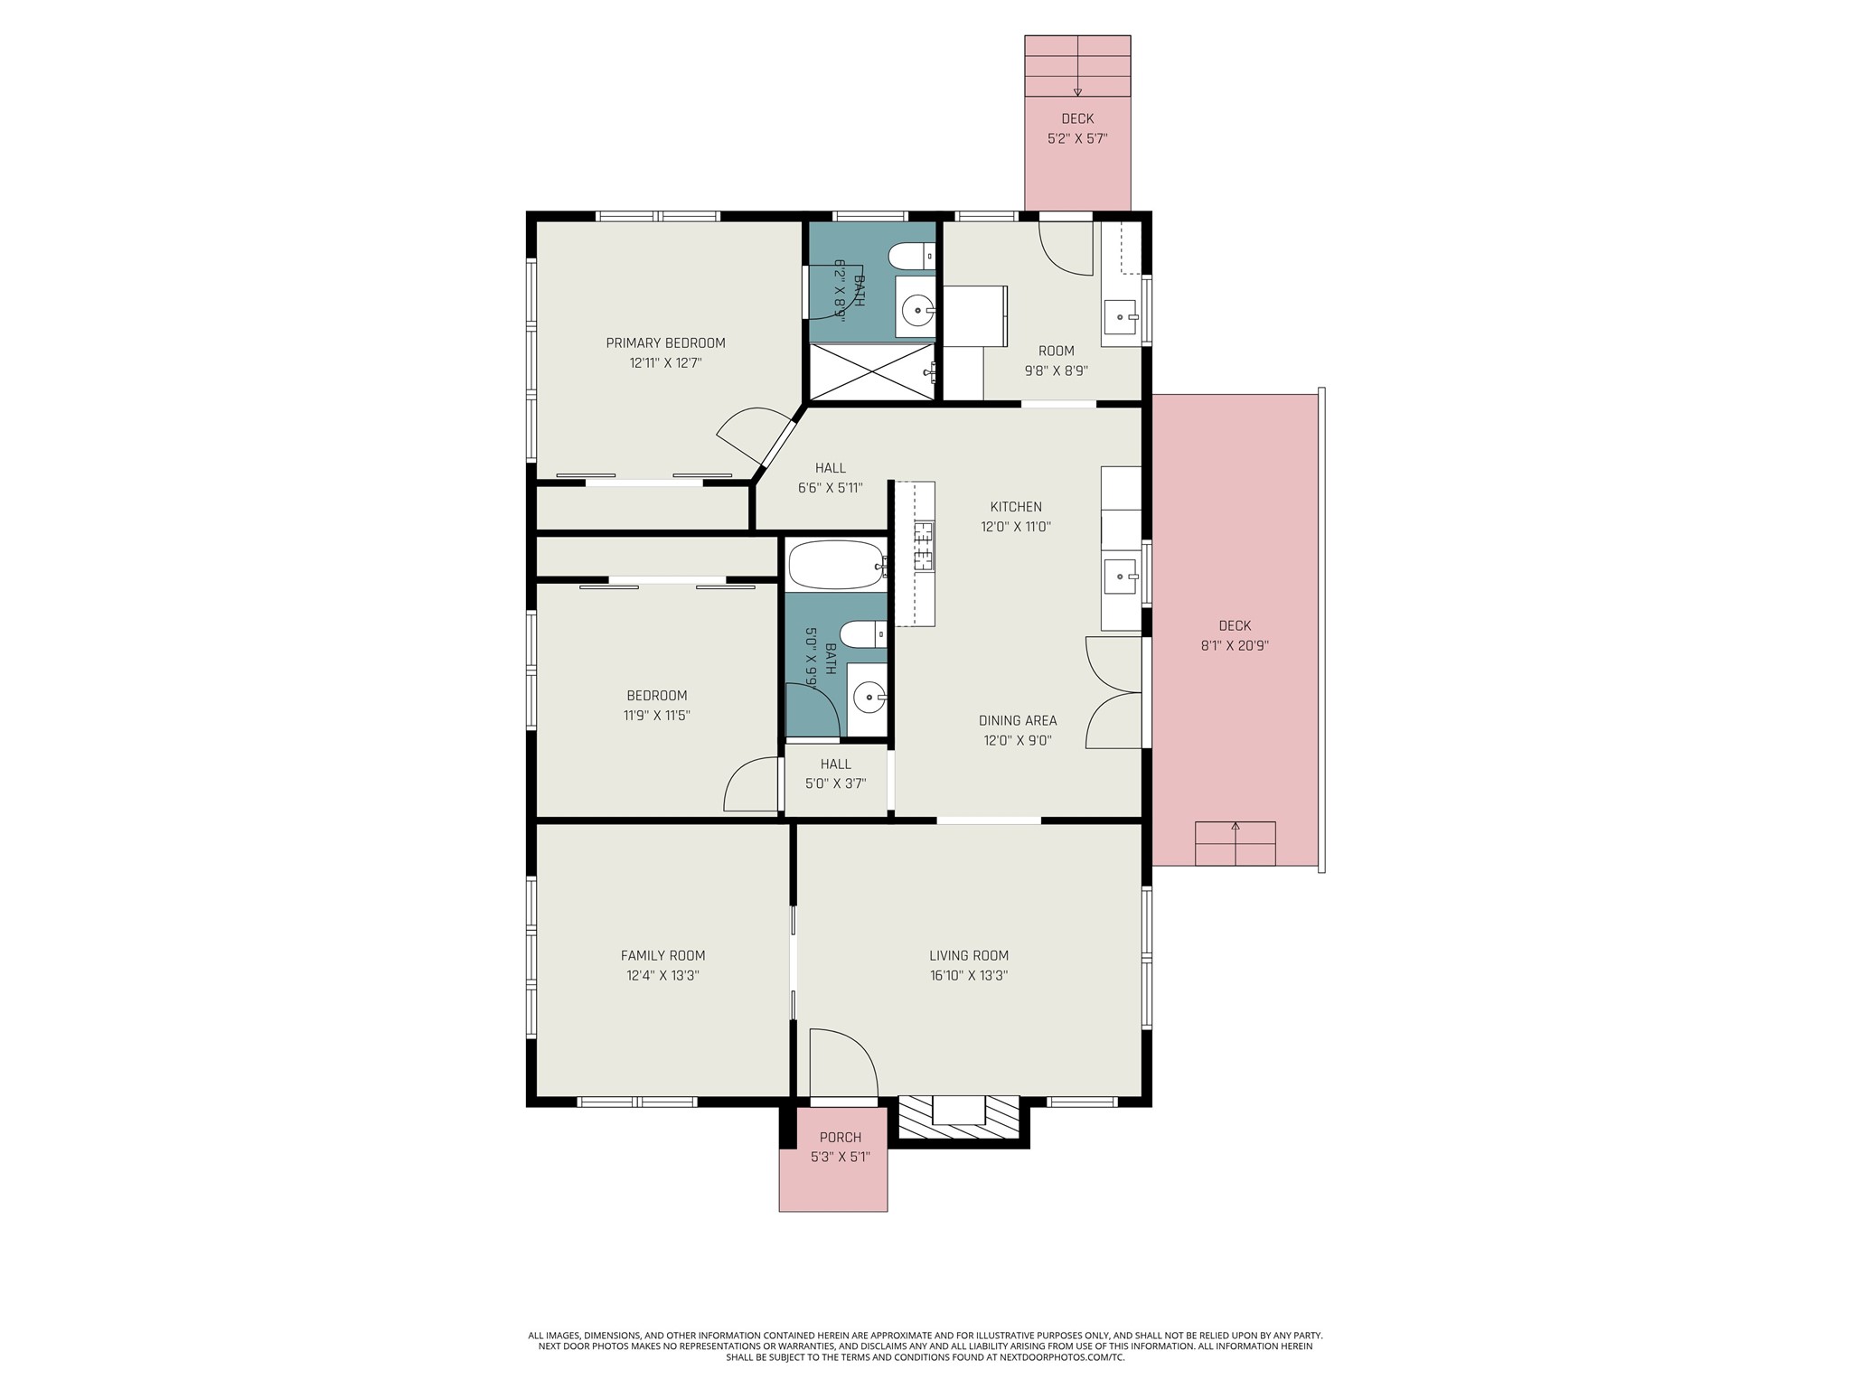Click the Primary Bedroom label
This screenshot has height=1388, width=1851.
[x=665, y=342]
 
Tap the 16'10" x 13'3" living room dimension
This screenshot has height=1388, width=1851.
[x=969, y=975]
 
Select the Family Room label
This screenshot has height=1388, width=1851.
[x=662, y=955]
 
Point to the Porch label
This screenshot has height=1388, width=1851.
[x=840, y=1137]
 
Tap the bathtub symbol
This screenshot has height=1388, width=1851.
[x=834, y=566]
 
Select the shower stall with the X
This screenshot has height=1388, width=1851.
[x=872, y=371]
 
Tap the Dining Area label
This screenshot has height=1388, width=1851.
[x=1017, y=720]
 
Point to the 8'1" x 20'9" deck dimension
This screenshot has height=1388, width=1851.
[x=1234, y=645]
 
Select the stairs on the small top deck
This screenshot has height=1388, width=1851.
[x=1076, y=67]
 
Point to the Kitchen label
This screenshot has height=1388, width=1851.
[x=1015, y=507]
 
